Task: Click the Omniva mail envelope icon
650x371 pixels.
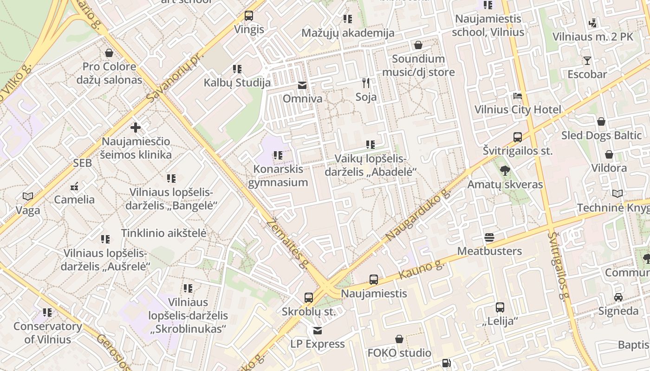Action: pyautogui.click(x=302, y=85)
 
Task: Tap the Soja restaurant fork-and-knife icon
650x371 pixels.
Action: pyautogui.click(x=366, y=83)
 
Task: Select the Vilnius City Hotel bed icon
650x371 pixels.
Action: pyautogui.click(x=518, y=96)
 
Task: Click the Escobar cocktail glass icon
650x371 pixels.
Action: pyautogui.click(x=587, y=61)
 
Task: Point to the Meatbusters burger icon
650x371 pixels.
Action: pyautogui.click(x=489, y=237)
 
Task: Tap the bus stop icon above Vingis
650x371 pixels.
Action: pyautogui.click(x=249, y=16)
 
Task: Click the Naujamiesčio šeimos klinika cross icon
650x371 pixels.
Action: pyautogui.click(x=136, y=127)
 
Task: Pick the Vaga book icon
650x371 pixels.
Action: pyautogui.click(x=28, y=197)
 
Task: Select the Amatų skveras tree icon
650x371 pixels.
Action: pyautogui.click(x=505, y=171)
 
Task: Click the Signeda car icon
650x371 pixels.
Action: pyautogui.click(x=618, y=297)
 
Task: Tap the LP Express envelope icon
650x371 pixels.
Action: pyautogui.click(x=318, y=331)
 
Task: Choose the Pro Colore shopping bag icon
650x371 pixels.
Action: pyautogui.click(x=109, y=53)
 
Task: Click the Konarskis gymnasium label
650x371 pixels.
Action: pyautogui.click(x=278, y=175)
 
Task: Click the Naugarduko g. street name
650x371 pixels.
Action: pyautogui.click(x=418, y=215)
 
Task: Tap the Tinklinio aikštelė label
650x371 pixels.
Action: pyautogui.click(x=163, y=233)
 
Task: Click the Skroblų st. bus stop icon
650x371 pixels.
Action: pyautogui.click(x=309, y=298)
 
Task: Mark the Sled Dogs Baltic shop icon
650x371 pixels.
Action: pyautogui.click(x=601, y=122)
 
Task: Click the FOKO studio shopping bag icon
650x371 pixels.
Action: pyautogui.click(x=399, y=339)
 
